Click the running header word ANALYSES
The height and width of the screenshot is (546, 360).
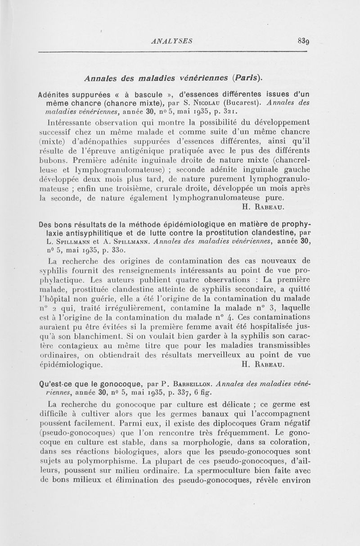coord(172,41)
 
